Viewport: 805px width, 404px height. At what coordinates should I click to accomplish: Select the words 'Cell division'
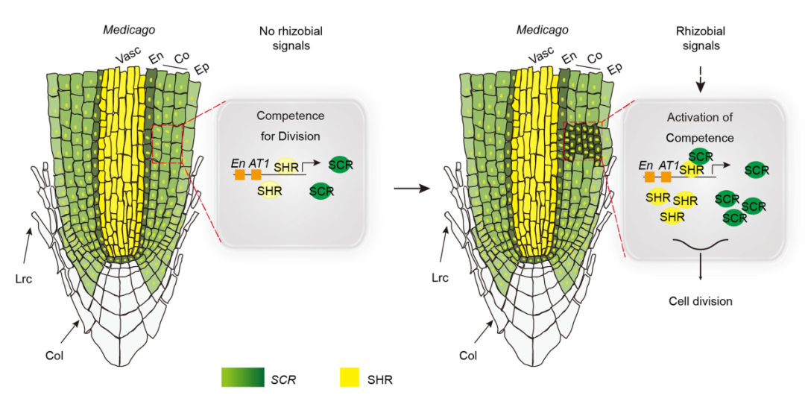pyautogui.click(x=700, y=301)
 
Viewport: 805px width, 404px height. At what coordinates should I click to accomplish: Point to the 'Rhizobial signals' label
pyautogui.click(x=700, y=38)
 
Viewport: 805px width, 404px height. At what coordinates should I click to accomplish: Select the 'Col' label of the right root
pyautogui.click(x=467, y=356)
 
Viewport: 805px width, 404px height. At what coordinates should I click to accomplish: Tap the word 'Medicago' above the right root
pyautogui.click(x=542, y=30)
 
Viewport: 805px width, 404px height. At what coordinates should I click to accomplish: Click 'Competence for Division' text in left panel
pyautogui.click(x=288, y=126)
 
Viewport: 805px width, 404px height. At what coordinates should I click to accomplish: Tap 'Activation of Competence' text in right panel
pyautogui.click(x=700, y=127)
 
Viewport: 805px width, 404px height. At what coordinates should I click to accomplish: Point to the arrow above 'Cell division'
pyautogui.click(x=700, y=269)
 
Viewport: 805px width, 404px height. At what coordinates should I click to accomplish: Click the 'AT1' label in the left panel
pyautogui.click(x=259, y=162)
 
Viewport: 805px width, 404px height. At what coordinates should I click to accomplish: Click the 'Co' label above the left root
pyautogui.click(x=182, y=57)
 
